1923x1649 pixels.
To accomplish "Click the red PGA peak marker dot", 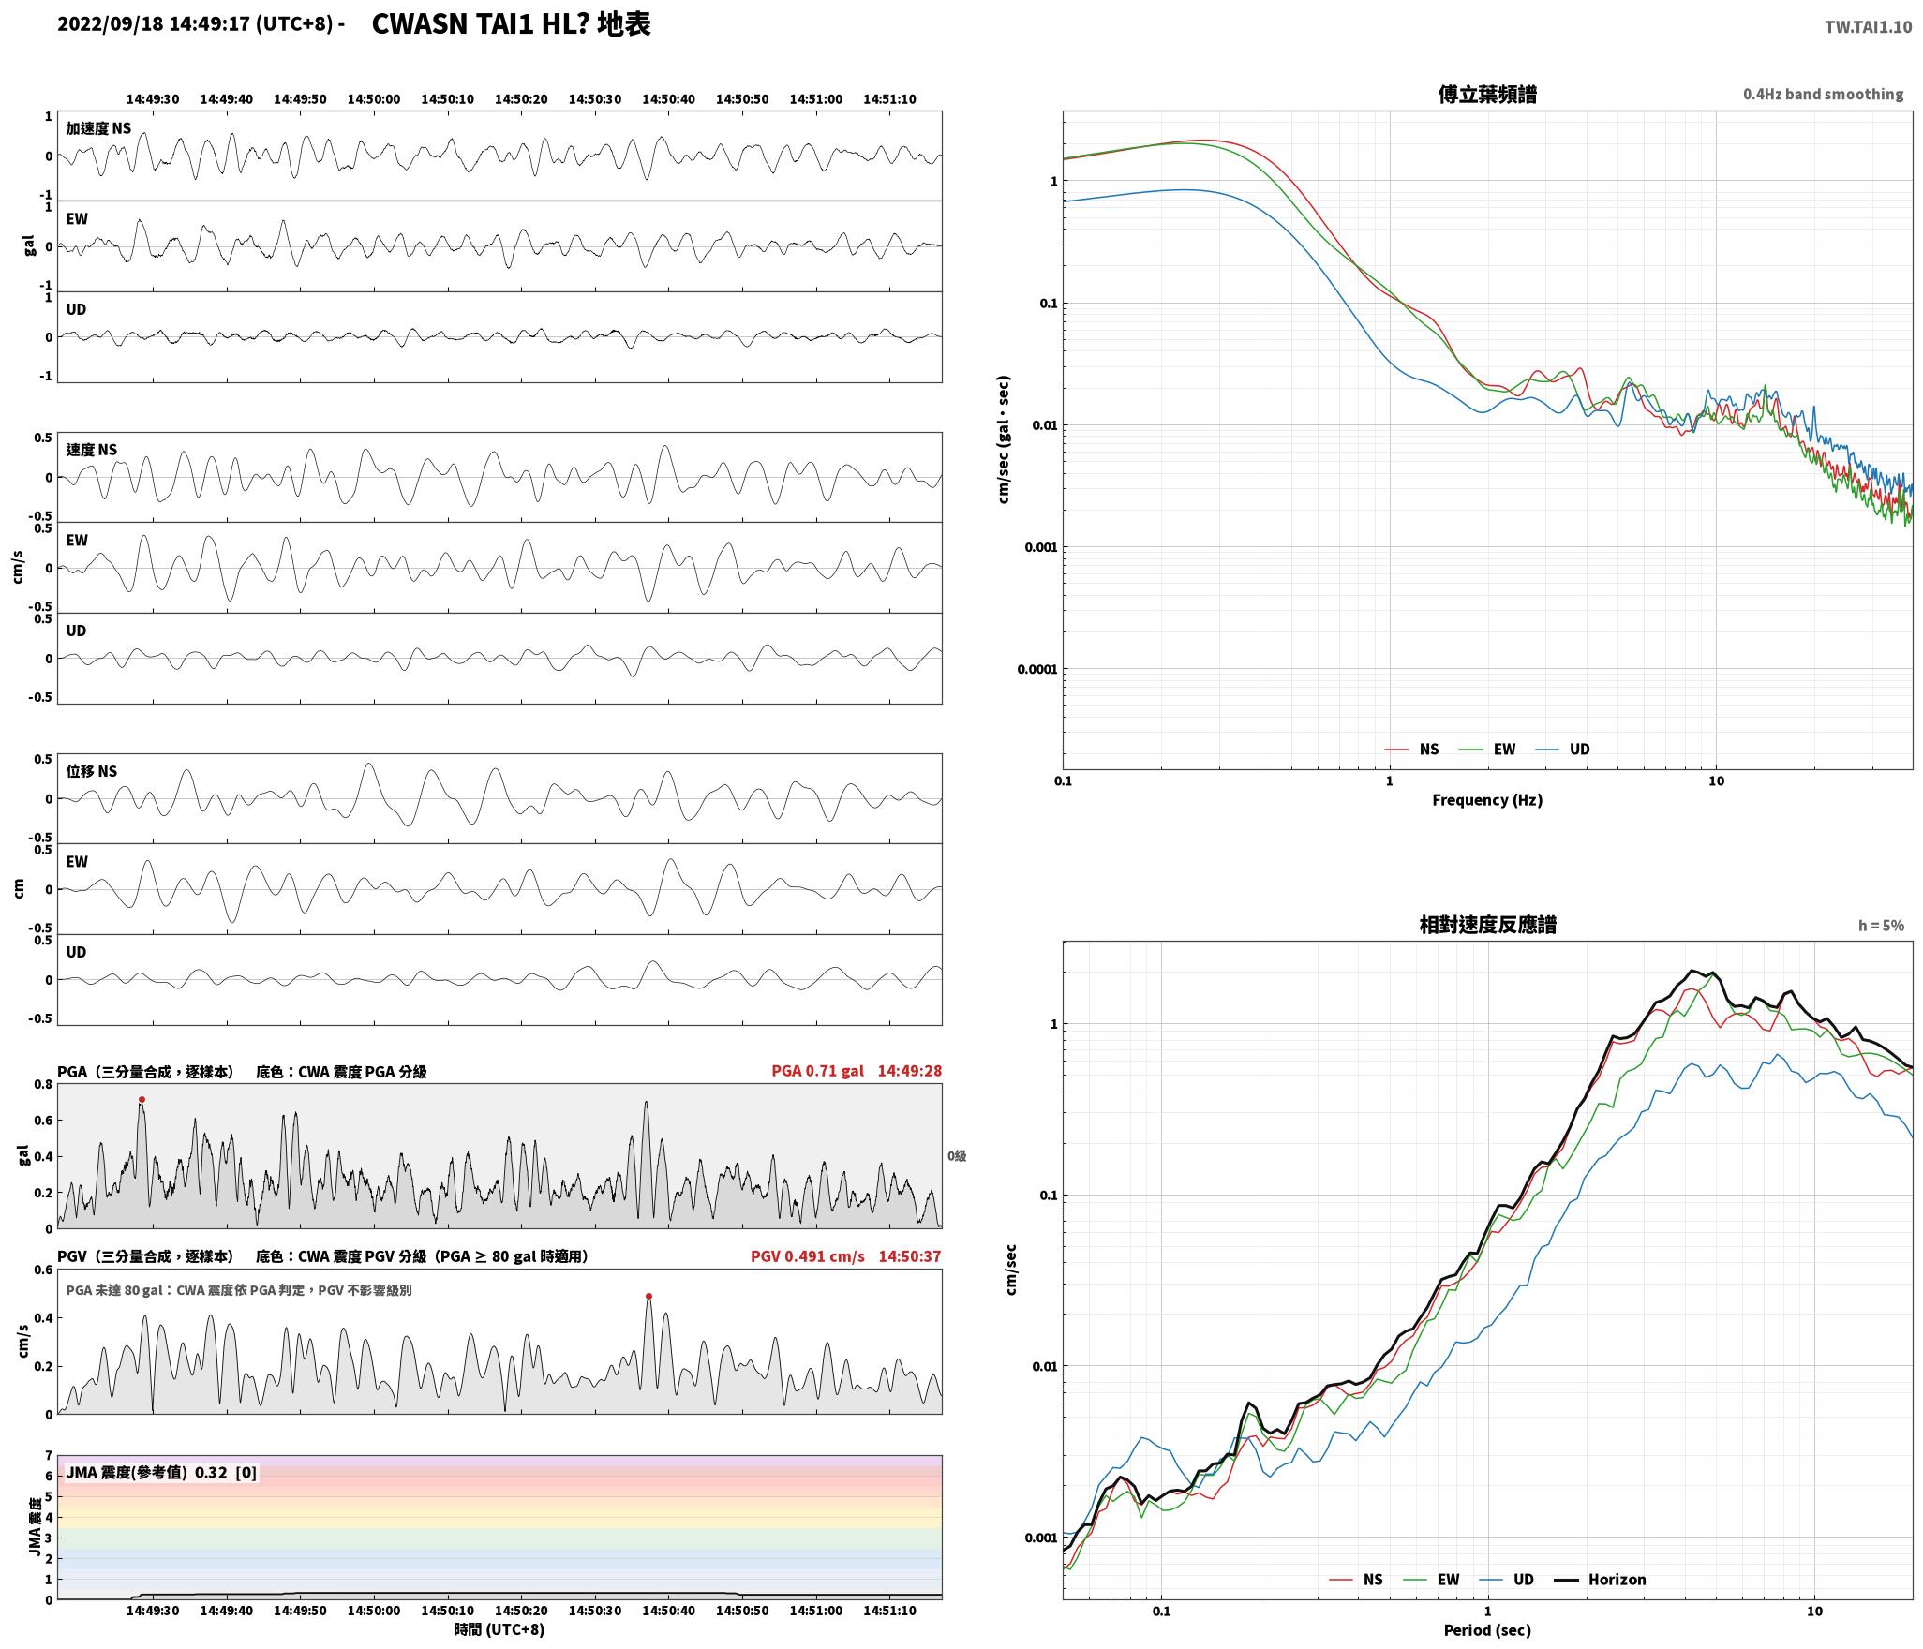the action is pos(142,1099).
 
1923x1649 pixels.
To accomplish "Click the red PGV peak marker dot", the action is pos(648,1296).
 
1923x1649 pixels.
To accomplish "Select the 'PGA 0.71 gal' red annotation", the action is pos(817,1071).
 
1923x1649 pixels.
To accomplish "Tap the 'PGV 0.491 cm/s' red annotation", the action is pos(807,1255).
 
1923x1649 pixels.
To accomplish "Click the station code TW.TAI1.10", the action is pos(1868,27).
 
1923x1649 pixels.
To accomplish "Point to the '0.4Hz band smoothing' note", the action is pos(1823,95).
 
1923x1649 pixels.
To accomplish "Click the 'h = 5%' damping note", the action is pos(1881,926).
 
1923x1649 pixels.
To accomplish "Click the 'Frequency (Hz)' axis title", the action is pos(1487,799).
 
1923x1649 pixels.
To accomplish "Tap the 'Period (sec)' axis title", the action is pos(1487,1629).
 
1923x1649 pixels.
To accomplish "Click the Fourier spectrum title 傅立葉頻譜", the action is pos(1487,95).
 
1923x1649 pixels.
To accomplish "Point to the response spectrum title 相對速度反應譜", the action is pos(1487,925).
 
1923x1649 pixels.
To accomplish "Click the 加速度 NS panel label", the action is pos(98,128).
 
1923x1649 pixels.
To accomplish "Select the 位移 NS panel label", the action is pos(92,771).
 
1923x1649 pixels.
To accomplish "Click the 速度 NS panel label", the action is pos(92,450).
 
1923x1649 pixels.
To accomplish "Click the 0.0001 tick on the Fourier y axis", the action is pos(1036,669).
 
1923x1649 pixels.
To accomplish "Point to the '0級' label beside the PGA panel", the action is pos(957,1156).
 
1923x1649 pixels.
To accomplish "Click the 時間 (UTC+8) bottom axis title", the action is pos(499,1629).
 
